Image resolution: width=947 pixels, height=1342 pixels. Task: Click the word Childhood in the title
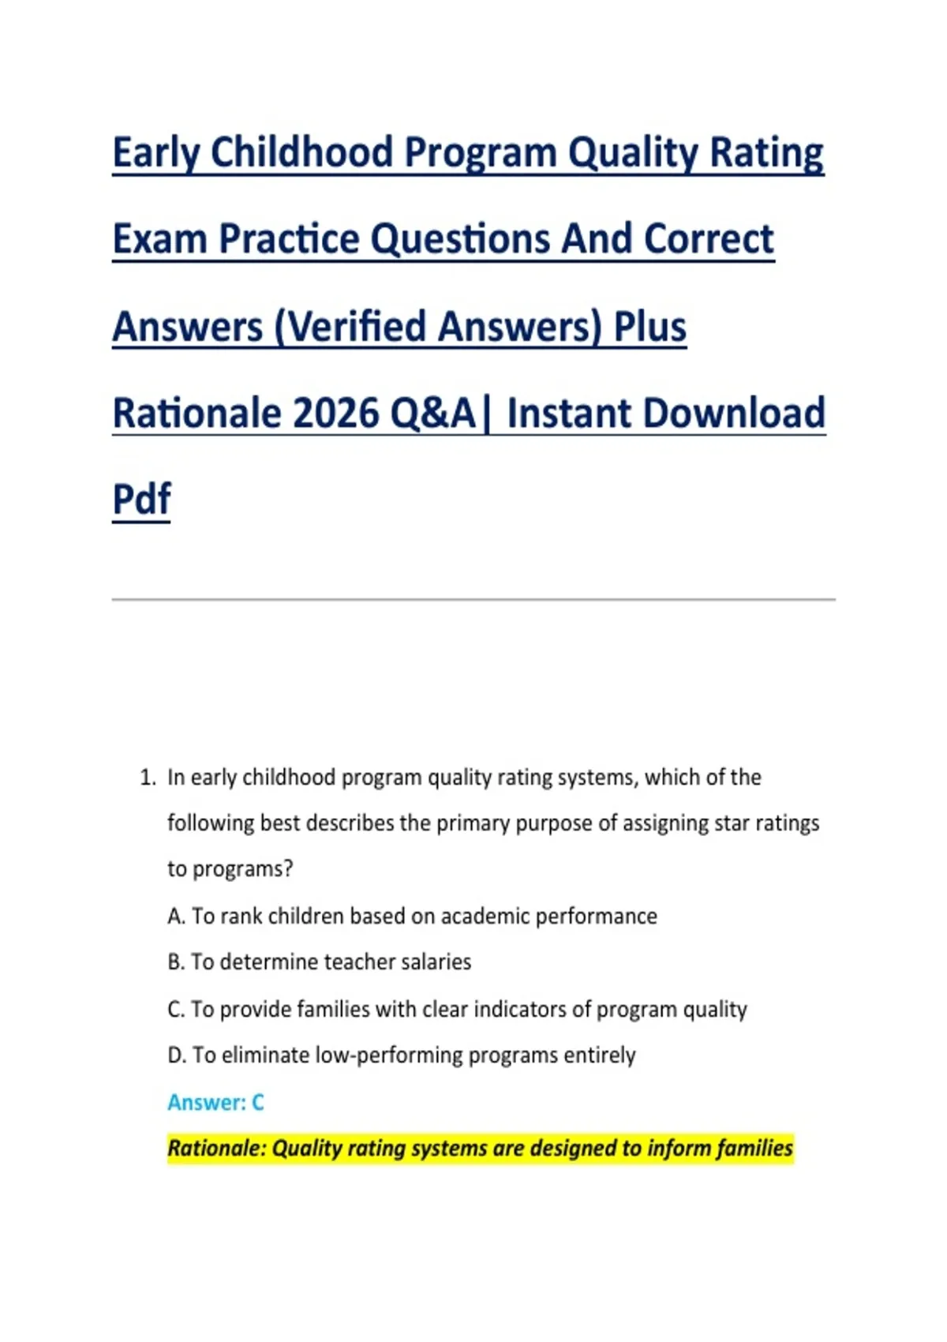pyautogui.click(x=301, y=152)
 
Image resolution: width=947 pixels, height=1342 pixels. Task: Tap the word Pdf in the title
pyautogui.click(x=141, y=499)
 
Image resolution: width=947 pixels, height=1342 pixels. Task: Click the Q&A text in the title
pyautogui.click(x=432, y=414)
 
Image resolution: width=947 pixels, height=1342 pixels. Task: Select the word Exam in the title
pyautogui.click(x=160, y=239)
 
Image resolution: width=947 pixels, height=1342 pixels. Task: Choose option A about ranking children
pyautogui.click(x=412, y=917)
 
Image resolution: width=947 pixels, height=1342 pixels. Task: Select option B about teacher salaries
pyautogui.click(x=320, y=962)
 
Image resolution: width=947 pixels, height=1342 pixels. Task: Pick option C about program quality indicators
pyautogui.click(x=457, y=1010)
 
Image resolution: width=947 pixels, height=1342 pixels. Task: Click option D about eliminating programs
pyautogui.click(x=402, y=1055)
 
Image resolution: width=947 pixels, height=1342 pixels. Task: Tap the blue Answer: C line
pyautogui.click(x=215, y=1102)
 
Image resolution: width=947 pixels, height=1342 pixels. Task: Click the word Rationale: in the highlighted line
pyautogui.click(x=217, y=1149)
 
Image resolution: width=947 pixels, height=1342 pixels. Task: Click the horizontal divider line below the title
pyautogui.click(x=473, y=599)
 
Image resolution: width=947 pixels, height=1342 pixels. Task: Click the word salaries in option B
pyautogui.click(x=436, y=962)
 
